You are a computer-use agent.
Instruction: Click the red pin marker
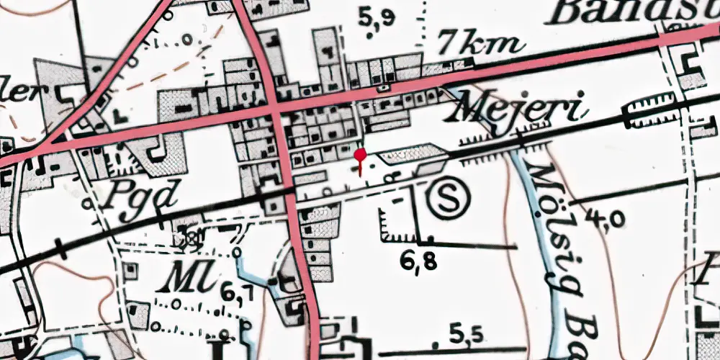click(360, 154)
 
